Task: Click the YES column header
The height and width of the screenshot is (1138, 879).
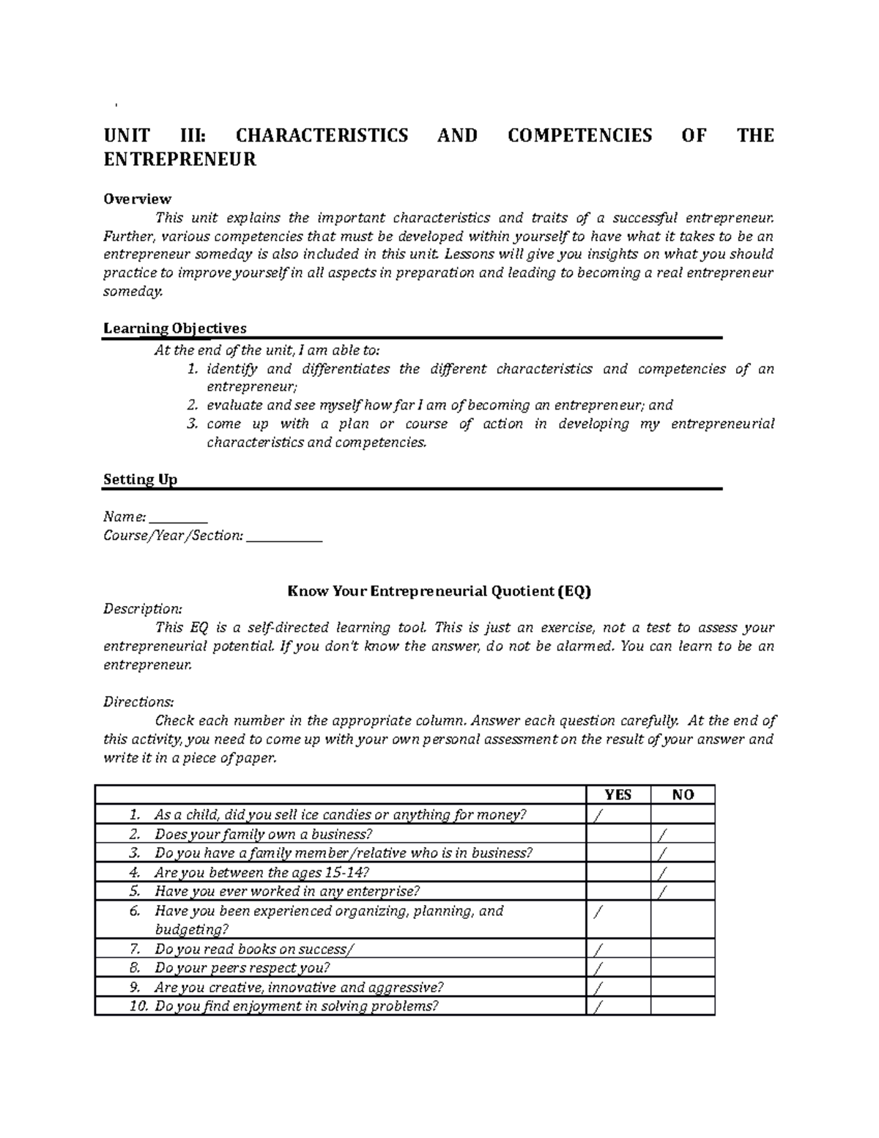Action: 617,795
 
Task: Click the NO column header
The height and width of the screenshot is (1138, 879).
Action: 683,795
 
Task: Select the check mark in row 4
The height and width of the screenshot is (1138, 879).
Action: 663,873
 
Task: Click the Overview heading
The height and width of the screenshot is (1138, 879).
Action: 137,199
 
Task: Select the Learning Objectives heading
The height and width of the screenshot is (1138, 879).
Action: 174,328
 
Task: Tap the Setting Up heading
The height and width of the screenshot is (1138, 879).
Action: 140,479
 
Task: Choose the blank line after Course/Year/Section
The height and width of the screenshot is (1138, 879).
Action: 284,536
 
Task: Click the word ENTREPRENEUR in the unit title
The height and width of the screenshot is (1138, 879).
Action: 179,160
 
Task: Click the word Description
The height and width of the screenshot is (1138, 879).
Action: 142,609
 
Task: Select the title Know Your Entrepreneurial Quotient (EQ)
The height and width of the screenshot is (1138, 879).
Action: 439,591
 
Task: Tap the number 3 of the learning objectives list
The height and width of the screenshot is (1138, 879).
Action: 192,424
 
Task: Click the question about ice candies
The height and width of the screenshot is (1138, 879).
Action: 340,815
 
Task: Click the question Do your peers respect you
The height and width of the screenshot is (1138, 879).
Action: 237,968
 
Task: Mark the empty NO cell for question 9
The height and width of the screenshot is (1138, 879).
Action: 683,987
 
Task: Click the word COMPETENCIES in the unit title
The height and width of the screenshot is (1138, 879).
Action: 579,136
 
